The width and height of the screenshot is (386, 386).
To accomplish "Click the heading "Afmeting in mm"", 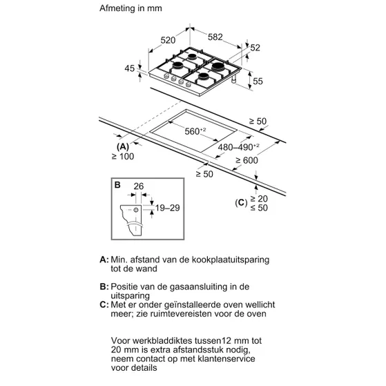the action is (x=131, y=8).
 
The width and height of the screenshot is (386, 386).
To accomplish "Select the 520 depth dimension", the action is (x=168, y=40).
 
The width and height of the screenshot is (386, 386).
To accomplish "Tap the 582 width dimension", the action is (x=215, y=37).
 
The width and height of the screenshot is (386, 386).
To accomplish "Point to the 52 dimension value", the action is (x=255, y=48).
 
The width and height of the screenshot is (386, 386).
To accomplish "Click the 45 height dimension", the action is (x=130, y=68).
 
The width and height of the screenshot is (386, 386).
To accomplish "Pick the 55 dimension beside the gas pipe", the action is (x=258, y=81).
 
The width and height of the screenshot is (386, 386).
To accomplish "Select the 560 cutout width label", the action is (x=195, y=131).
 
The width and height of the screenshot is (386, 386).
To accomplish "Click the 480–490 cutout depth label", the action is (x=238, y=147).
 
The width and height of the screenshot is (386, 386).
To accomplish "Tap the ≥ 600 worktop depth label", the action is (x=247, y=160).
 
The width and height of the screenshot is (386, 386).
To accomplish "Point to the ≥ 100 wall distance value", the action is (x=123, y=157).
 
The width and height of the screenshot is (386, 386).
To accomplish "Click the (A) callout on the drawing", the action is (x=123, y=146).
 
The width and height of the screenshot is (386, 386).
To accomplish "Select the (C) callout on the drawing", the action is (x=241, y=203).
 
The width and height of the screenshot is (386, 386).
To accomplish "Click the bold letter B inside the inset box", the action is (x=117, y=184).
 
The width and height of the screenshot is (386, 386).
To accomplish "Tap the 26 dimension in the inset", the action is (x=139, y=186).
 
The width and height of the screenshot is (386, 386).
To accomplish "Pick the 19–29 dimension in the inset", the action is (x=167, y=208).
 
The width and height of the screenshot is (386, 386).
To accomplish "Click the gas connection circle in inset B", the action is (x=136, y=210).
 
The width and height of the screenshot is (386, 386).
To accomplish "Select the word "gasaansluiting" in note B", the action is (x=198, y=287).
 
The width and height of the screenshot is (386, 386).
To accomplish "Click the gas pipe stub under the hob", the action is (x=233, y=79).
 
